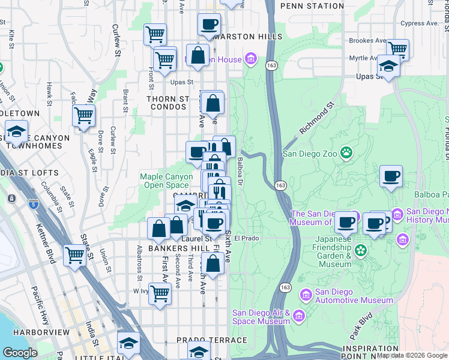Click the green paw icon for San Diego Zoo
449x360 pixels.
346,152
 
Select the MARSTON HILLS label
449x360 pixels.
247,37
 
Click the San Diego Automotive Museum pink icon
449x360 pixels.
306,294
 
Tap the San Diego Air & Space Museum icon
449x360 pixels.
300,316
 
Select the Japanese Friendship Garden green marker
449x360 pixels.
361,250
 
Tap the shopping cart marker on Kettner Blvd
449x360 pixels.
75,254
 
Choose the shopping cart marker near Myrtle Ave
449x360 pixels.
397,49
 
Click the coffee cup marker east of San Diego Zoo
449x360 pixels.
391,176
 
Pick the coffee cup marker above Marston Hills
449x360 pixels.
209,24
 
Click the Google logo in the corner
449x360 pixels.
20,353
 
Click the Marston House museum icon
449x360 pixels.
251,59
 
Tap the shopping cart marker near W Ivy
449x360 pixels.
160,293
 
